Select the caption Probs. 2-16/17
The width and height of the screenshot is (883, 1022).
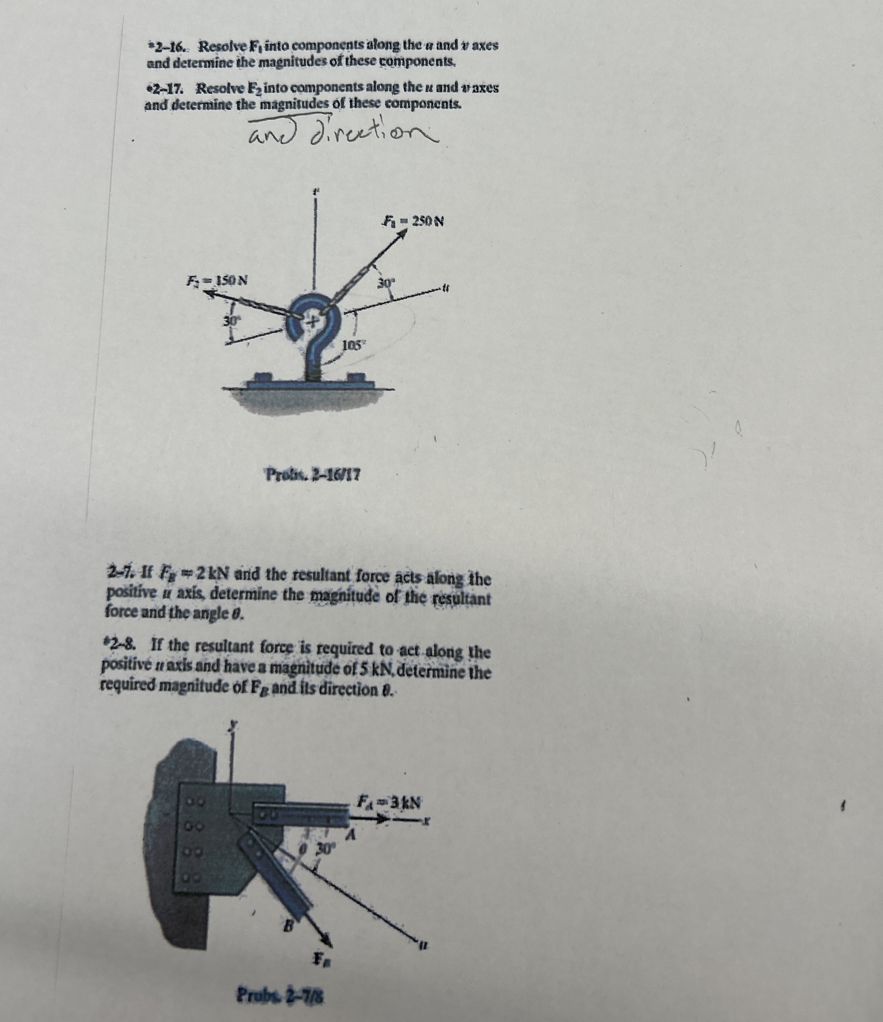coord(313,475)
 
